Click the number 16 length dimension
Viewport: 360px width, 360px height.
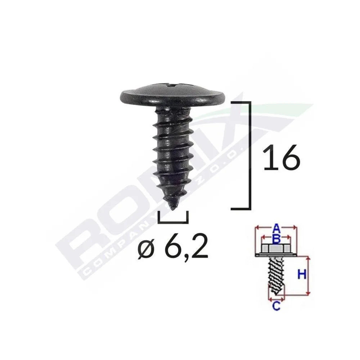[x=281, y=157]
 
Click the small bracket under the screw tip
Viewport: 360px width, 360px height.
[x=173, y=220]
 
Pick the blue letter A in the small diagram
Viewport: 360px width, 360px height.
[x=276, y=228]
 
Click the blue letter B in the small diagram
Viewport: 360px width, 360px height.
[x=276, y=238]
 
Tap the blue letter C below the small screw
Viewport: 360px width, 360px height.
[x=275, y=306]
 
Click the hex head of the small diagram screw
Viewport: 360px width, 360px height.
[x=275, y=249]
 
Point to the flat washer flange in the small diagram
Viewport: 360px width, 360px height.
[x=275, y=255]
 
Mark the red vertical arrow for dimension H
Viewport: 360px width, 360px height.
[x=309, y=276]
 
